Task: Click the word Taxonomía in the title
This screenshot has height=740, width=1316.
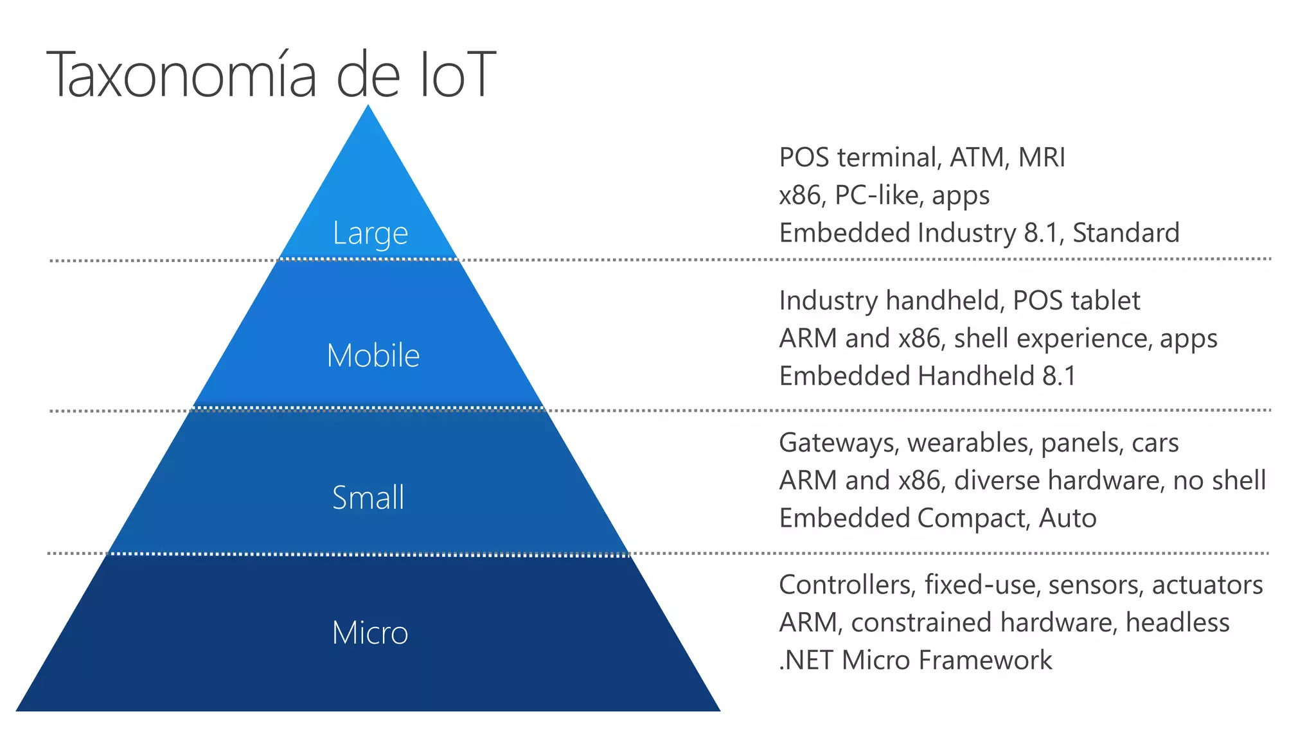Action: (x=182, y=76)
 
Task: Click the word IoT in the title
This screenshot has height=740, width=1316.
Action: (x=457, y=76)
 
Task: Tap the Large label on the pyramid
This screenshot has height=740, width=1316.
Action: (x=370, y=233)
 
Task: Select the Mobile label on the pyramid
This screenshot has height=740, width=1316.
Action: (x=373, y=355)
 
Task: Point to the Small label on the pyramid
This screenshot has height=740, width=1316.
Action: (x=368, y=498)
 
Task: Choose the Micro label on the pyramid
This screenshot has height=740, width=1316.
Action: (x=370, y=633)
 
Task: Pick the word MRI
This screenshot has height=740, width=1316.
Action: (x=1042, y=157)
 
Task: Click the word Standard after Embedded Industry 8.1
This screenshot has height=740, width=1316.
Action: (x=1126, y=233)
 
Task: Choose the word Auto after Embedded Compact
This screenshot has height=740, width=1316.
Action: (x=1067, y=518)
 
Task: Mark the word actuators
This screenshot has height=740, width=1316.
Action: (x=1207, y=585)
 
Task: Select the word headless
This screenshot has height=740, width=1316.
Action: (x=1177, y=622)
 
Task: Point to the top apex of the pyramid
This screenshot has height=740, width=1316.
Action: (x=368, y=107)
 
